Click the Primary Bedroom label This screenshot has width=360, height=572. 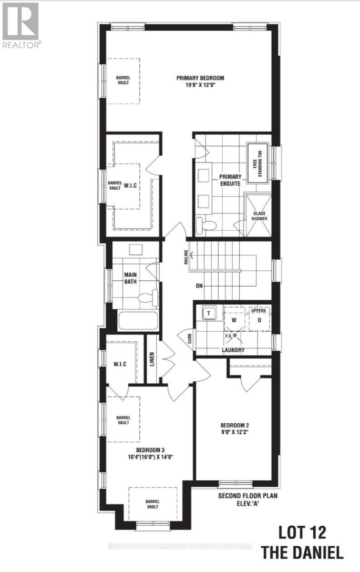point(200,79)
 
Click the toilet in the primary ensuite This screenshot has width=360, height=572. point(205,225)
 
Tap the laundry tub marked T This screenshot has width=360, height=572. point(208,313)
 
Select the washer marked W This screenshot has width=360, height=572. point(234,319)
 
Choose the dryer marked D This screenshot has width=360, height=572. point(259,319)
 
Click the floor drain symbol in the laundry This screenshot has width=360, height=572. point(235,336)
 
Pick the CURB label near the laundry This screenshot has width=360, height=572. point(189,339)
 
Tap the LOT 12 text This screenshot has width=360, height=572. point(302,532)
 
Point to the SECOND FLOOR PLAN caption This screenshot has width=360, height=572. point(248,496)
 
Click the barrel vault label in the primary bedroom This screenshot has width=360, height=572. point(123,80)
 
